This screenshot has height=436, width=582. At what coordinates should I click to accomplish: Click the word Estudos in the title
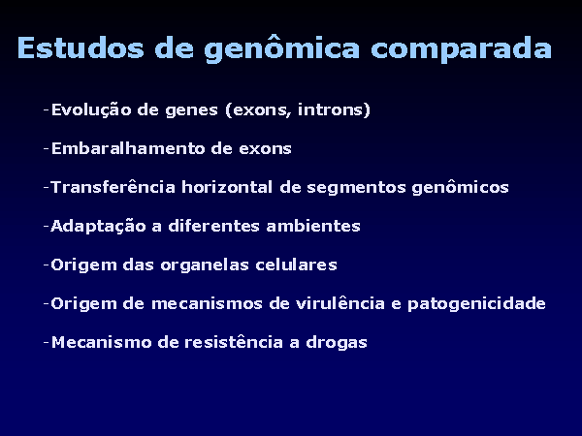(x=81, y=47)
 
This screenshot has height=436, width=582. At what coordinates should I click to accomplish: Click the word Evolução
(x=91, y=110)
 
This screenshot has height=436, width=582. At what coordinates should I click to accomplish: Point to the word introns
(x=334, y=110)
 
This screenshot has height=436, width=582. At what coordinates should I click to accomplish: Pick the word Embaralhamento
(x=128, y=148)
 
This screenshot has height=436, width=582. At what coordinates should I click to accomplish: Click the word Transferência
(x=113, y=187)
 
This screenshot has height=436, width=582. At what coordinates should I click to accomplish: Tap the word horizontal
(x=227, y=187)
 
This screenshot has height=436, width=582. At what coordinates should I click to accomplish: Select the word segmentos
(x=356, y=188)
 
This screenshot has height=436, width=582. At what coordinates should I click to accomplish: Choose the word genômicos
(x=460, y=188)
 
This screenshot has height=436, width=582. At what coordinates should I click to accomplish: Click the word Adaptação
(x=98, y=226)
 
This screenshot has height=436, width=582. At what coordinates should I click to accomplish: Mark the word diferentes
(x=213, y=226)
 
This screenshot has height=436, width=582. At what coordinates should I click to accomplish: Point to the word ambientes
(x=313, y=226)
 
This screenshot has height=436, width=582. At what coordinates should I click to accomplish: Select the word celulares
(x=296, y=265)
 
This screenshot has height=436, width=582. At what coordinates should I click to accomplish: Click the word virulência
(x=340, y=303)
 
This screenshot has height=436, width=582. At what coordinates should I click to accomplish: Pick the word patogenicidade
(x=476, y=304)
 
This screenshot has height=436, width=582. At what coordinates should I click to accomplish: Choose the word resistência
(x=234, y=342)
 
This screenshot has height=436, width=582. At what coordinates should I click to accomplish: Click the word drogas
(x=337, y=343)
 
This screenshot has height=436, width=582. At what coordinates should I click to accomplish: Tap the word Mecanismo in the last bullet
(x=101, y=342)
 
